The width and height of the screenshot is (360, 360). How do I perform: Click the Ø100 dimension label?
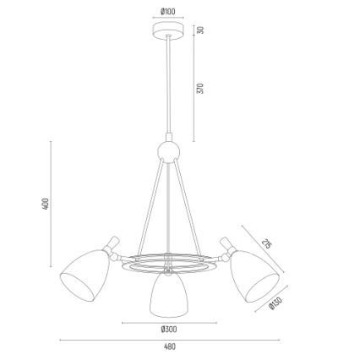click(x=167, y=11)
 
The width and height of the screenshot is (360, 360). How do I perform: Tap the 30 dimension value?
click(x=201, y=29)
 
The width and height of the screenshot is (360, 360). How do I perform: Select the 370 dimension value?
click(x=201, y=88)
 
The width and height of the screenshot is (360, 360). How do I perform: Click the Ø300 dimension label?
click(x=169, y=328)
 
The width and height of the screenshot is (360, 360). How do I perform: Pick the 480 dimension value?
click(x=169, y=346)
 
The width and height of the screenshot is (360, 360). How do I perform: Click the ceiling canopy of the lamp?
click(x=167, y=29)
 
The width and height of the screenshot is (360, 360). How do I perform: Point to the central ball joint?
click(x=168, y=153)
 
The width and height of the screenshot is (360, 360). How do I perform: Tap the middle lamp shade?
click(x=167, y=292)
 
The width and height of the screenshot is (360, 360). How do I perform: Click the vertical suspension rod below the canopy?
click(x=167, y=85)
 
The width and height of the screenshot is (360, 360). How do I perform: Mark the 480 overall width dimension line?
click(x=169, y=338)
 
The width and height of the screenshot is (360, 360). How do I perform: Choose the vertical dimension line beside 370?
click(x=193, y=89)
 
